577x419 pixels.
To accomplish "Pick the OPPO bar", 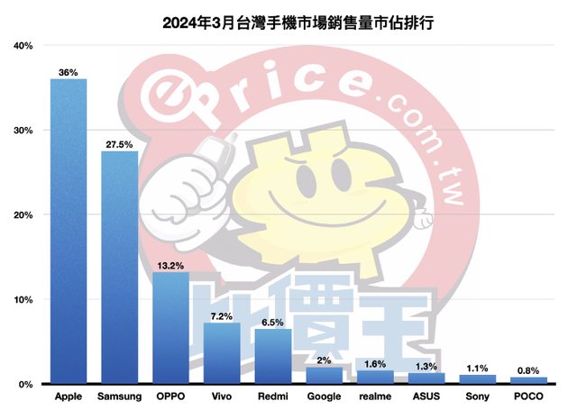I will pyautogui.click(x=171, y=328).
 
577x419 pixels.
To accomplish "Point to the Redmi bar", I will pyautogui.click(x=273, y=357).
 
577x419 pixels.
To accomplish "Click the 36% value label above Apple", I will pyautogui.click(x=69, y=70).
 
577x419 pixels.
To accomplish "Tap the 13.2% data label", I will pyautogui.click(x=171, y=265).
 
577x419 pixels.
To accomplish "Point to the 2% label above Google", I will pyautogui.click(x=324, y=360).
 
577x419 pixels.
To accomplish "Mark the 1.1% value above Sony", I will pyautogui.click(x=478, y=367).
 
